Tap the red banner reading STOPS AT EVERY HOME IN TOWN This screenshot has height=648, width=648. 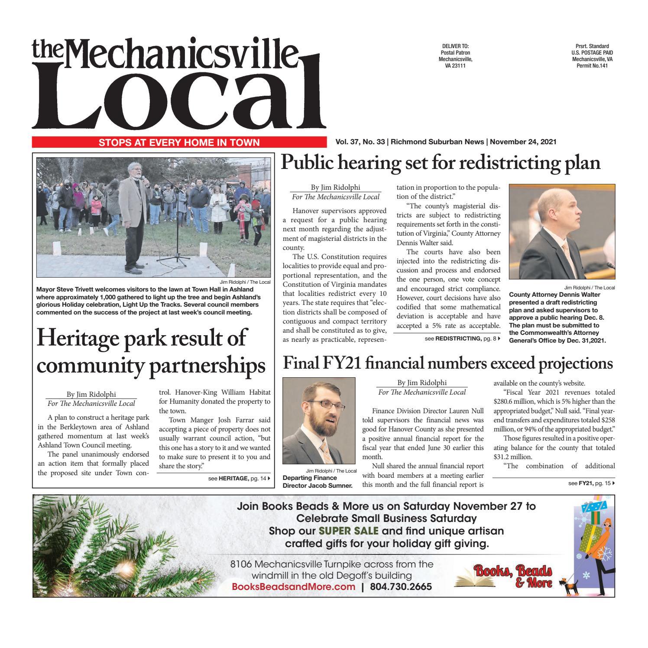pos(179,143)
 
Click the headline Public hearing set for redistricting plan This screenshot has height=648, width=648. pos(441,163)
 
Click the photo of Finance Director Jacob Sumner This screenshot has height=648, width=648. pos(319,421)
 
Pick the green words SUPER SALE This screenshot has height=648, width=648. pos(349,531)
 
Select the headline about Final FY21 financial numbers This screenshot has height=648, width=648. pos(447,363)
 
